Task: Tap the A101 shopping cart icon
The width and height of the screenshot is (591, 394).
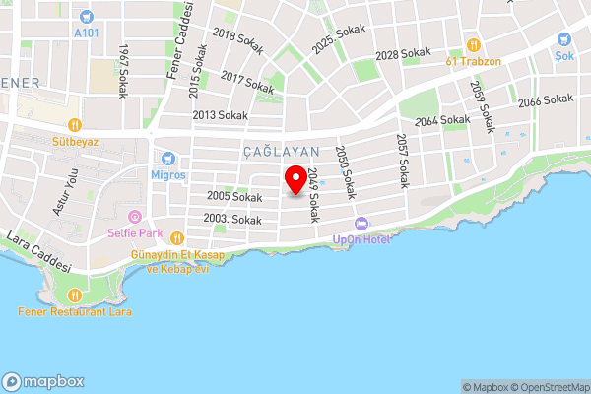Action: [x=87, y=16]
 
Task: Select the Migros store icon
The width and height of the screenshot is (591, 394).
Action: [x=167, y=158]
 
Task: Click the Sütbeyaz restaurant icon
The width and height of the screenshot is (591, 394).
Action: [x=74, y=125]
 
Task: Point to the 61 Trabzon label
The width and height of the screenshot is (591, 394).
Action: [x=474, y=60]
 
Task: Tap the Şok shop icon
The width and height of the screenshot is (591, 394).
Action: [x=565, y=39]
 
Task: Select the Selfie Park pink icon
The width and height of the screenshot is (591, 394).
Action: [x=136, y=218]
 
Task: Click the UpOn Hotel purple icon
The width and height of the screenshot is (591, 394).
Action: [x=361, y=223]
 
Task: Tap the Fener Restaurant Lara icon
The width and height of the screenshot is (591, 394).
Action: [x=74, y=295]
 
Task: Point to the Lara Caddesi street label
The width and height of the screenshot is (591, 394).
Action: [x=38, y=252]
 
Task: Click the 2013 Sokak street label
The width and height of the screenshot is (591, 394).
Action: [x=219, y=115]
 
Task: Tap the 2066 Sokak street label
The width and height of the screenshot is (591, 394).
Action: [x=545, y=99]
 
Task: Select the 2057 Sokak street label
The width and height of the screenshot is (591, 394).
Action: [x=401, y=161]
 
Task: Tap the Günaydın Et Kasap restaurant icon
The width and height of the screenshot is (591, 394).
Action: [x=176, y=237]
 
